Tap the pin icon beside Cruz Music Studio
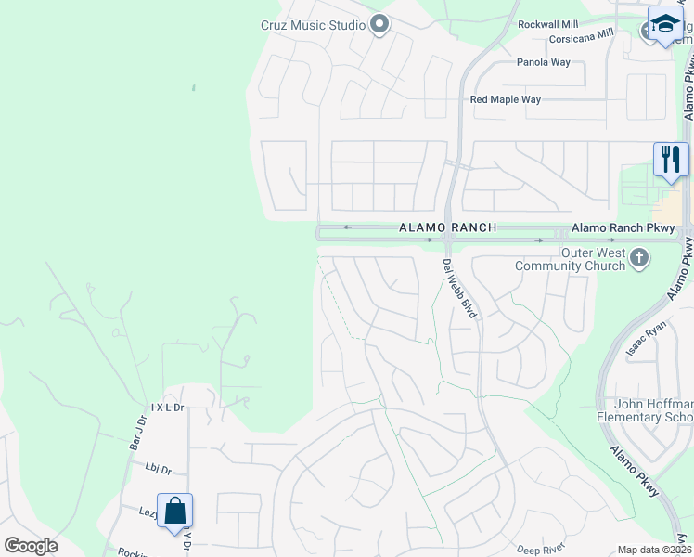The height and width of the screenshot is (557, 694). (379, 24)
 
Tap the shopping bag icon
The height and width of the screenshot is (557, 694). (174, 511)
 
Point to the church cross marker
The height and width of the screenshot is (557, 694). (638, 257)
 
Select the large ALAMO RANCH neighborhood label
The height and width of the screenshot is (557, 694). (447, 227)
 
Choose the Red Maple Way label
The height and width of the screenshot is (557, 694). (505, 99)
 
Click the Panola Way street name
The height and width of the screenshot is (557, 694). (544, 62)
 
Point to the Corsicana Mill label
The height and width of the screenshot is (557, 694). (582, 39)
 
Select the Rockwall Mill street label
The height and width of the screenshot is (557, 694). (548, 24)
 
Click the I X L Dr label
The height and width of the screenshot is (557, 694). (168, 408)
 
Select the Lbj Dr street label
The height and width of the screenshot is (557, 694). (158, 470)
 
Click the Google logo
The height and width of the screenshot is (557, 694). (31, 546)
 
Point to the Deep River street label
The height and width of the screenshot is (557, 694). (540, 550)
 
